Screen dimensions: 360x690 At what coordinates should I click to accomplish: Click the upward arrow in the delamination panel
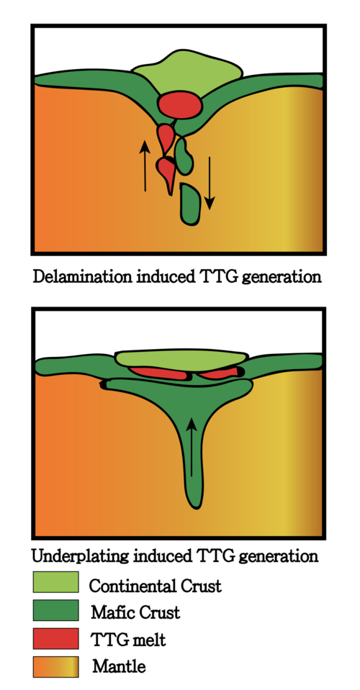coord(145,165)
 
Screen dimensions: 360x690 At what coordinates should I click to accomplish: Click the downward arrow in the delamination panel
coord(210,183)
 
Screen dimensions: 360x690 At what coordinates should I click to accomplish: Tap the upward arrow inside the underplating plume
coord(192,447)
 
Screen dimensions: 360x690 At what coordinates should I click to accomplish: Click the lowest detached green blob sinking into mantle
coord(191,204)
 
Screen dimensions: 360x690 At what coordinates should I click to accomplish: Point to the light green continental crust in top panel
coord(187,74)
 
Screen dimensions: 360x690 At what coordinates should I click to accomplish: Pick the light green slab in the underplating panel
coord(181,360)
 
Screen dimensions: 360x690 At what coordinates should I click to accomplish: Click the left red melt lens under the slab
coord(159,373)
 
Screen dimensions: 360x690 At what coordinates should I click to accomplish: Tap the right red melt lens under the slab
coord(219,373)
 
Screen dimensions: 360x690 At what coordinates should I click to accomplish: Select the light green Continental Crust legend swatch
coord(56,582)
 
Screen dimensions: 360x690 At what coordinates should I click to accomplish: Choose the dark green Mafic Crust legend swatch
coord(56,610)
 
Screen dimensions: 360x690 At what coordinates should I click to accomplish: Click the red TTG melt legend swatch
coord(56,638)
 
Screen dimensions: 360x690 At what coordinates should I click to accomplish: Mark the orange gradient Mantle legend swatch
coord(56,667)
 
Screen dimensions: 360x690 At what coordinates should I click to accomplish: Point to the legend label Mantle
coord(119,667)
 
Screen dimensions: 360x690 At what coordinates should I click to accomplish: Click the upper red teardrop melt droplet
coord(166,137)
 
